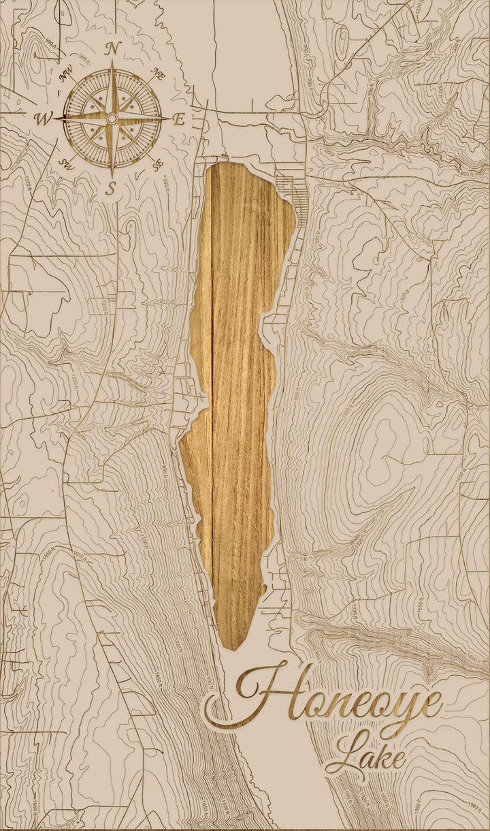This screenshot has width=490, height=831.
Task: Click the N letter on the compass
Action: [x=114, y=48]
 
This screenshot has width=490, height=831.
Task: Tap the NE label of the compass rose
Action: [x=157, y=75]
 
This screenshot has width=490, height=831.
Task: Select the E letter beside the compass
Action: [x=178, y=119]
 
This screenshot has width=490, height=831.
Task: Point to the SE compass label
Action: [x=158, y=164]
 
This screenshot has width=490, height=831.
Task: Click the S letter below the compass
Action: [x=112, y=189]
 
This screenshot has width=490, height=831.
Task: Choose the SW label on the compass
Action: [x=67, y=163]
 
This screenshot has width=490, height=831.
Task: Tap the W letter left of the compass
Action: [x=43, y=120]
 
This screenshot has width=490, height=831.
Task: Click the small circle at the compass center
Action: [x=112, y=119]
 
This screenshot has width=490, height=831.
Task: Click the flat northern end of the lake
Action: [x=238, y=164]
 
